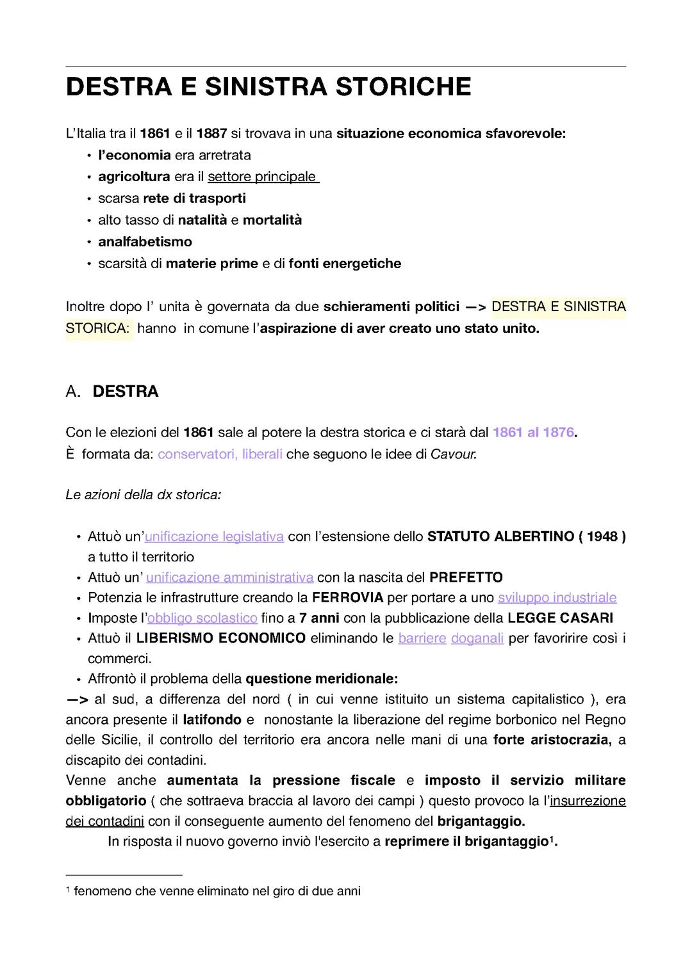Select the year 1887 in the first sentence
pos(211,134)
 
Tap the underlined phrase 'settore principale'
pos(262,177)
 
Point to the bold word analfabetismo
pos(145,242)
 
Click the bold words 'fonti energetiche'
pos(345,264)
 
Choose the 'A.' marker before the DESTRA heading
pos(73,392)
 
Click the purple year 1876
pos(558,433)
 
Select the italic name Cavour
pos(453,454)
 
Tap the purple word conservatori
pos(196,454)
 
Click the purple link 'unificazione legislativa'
pos(214,536)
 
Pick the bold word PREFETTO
pos(466,577)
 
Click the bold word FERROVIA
pos(347,598)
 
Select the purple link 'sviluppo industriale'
pos(557,598)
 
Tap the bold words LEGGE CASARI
pos(560,618)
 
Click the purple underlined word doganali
pos(477,639)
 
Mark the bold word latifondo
pos(212,720)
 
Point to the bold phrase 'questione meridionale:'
pos(322,679)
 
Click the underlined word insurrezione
pos(588,801)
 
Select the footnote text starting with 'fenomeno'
pos(217,891)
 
